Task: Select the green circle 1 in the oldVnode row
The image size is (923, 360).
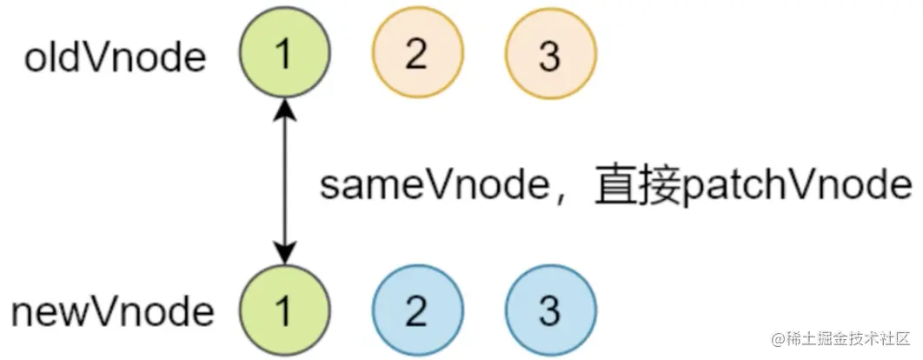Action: [284, 57]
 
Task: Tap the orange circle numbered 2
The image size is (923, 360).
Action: [415, 57]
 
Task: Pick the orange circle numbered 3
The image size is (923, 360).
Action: [549, 57]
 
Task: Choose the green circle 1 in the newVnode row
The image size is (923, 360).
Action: [284, 310]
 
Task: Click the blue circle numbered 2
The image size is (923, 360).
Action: [415, 310]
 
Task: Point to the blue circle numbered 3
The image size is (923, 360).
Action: [549, 310]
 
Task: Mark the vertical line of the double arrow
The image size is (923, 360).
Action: [284, 183]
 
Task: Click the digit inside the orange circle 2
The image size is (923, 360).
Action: [415, 57]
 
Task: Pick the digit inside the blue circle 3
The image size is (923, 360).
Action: [549, 310]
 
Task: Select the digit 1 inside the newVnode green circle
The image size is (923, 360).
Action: [284, 310]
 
